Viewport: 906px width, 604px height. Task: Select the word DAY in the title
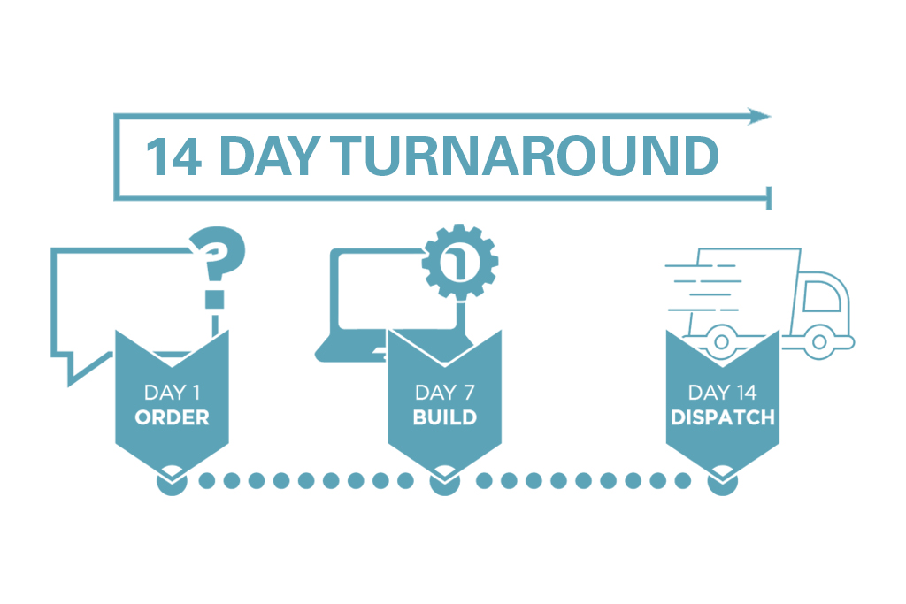click(265, 157)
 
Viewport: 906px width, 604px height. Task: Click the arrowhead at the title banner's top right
click(760, 116)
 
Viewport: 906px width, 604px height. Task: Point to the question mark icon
click(217, 266)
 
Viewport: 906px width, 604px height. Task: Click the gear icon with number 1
click(459, 261)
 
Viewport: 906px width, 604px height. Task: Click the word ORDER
click(172, 417)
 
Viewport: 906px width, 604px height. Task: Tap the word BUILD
click(445, 417)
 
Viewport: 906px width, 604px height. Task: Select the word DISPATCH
click(723, 417)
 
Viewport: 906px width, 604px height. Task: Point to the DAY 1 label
click(172, 392)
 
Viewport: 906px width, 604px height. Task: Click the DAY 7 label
click(445, 392)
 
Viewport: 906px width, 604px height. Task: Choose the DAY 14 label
click(722, 392)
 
